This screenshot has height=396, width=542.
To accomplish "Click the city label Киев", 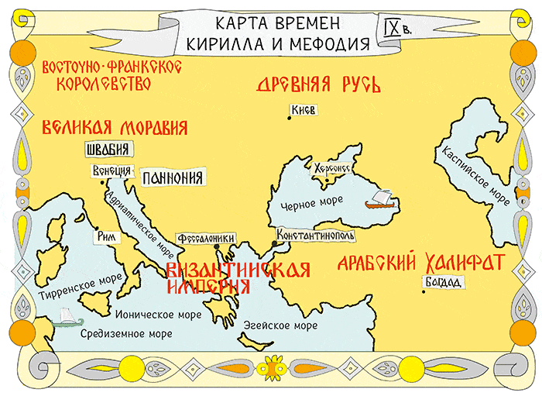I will tap(302, 111).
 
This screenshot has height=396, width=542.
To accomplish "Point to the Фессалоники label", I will tap(205, 239).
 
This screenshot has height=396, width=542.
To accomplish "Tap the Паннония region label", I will tap(173, 177).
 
